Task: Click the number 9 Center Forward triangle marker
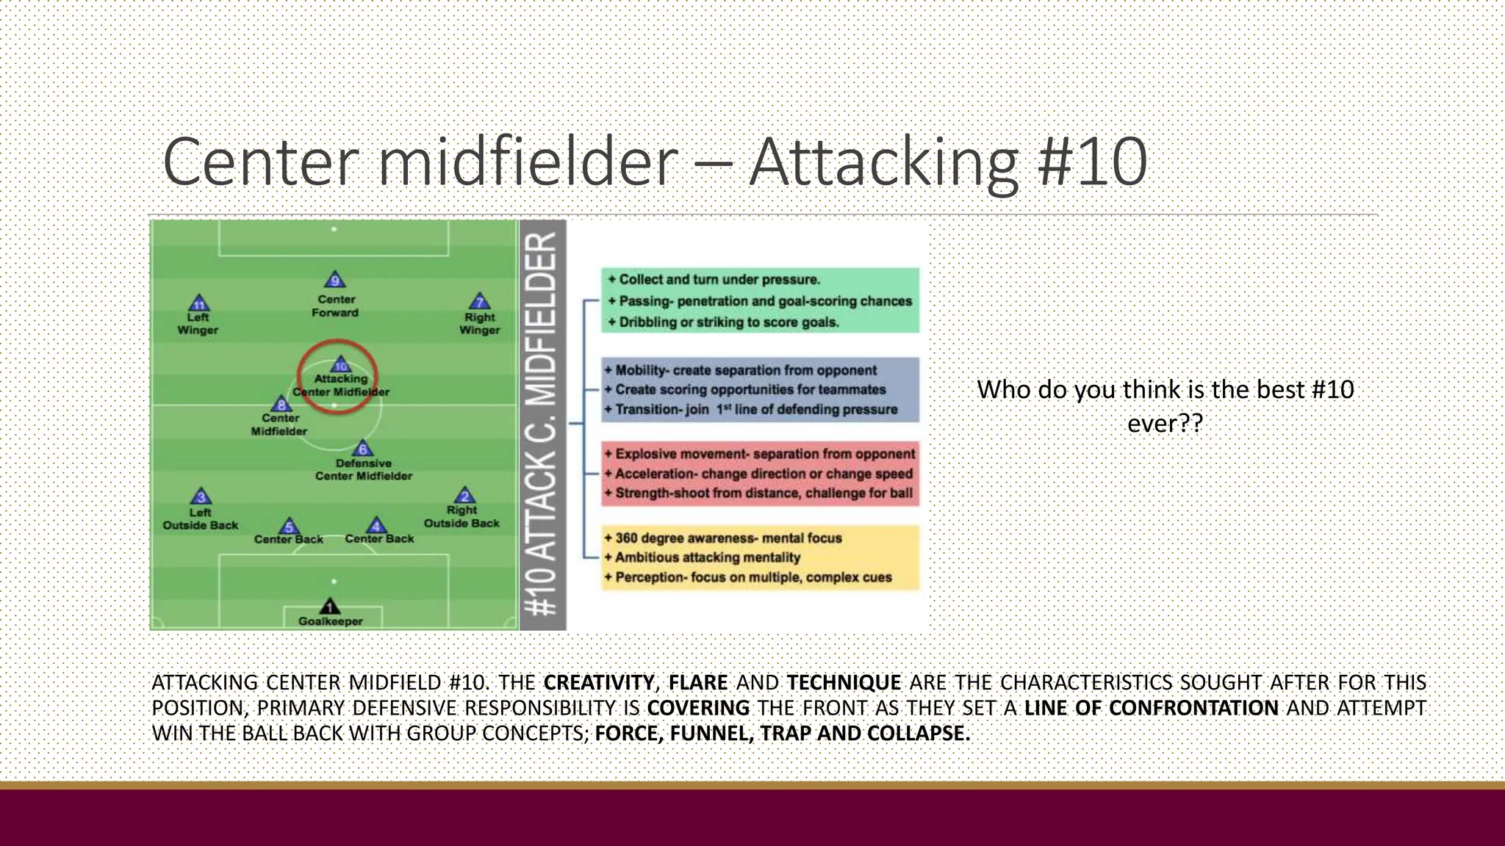[x=335, y=281]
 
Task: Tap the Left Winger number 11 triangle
[x=199, y=304]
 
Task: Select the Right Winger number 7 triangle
[x=479, y=302]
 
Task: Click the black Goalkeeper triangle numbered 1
[x=330, y=607]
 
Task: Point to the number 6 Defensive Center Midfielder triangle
[x=362, y=449]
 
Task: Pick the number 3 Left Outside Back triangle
[x=201, y=497]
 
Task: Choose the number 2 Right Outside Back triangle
[x=464, y=496]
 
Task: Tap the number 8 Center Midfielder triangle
[x=281, y=404]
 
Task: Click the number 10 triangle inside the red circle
[x=341, y=365]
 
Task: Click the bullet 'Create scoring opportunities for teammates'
[x=750, y=390]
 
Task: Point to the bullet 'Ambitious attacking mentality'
[x=707, y=557]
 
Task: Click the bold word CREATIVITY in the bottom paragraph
[x=598, y=683]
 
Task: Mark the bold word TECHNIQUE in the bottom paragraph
[x=844, y=683]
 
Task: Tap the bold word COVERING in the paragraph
[x=698, y=708]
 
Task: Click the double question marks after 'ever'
[x=1188, y=424]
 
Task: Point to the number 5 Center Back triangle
[x=289, y=527]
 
